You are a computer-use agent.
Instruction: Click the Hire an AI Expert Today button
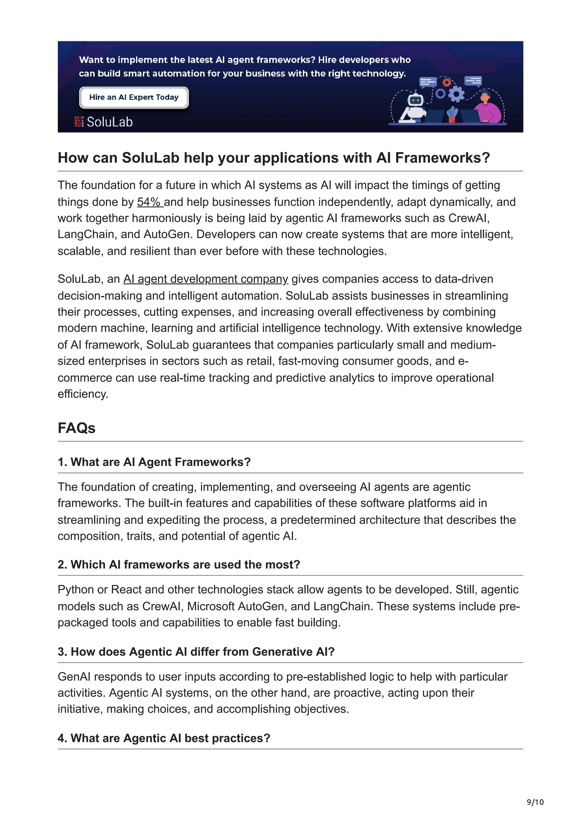(134, 97)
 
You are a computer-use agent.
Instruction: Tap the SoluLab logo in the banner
(104, 122)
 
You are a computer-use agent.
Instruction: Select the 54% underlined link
(150, 202)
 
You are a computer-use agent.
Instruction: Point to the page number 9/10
(535, 802)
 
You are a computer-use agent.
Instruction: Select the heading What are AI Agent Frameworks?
(154, 462)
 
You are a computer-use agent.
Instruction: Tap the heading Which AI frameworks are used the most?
(179, 564)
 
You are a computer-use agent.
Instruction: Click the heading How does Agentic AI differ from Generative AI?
(196, 652)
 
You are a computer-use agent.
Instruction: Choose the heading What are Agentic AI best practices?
(164, 738)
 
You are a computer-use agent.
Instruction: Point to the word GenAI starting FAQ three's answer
(74, 677)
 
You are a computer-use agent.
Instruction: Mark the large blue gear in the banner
(456, 94)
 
